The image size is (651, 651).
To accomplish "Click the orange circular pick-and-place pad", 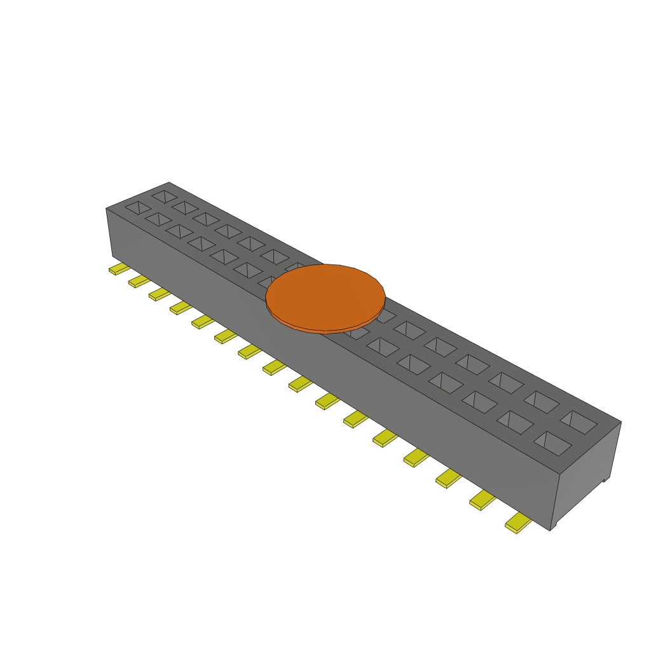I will (x=325, y=296).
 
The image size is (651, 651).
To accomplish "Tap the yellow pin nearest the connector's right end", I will (x=518, y=523).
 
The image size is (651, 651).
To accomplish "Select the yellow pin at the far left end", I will (x=119, y=269).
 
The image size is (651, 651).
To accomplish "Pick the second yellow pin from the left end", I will (x=139, y=281).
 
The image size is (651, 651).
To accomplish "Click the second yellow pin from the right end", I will (x=483, y=501).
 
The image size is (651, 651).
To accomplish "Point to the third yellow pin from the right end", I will (x=448, y=478).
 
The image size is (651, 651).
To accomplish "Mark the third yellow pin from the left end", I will (x=160, y=294).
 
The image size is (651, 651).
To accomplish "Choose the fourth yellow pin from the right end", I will (x=416, y=456).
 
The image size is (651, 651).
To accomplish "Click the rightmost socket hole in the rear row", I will (x=579, y=421).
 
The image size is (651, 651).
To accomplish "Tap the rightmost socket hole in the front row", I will (x=552, y=443).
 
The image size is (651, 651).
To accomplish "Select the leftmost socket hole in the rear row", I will (x=165, y=196).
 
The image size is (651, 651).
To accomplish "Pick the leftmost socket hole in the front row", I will (x=138, y=207).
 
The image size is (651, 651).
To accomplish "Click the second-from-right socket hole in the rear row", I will (x=542, y=402).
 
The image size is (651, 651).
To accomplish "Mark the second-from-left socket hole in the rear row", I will (x=185, y=207).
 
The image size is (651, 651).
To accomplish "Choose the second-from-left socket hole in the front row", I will (x=158, y=219).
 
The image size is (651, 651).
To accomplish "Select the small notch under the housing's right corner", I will (x=554, y=526).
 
